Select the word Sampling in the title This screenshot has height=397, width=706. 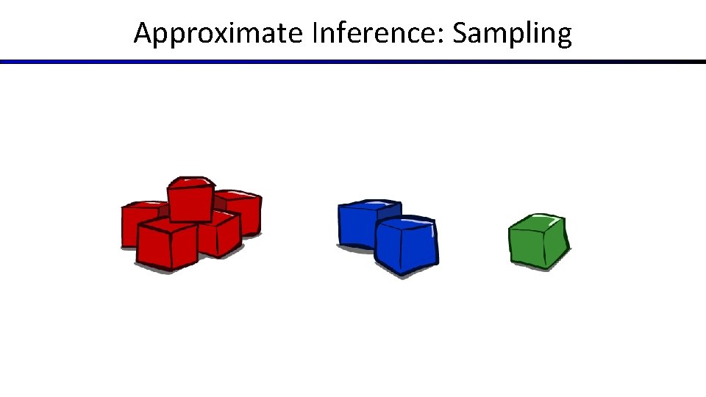pyautogui.click(x=511, y=34)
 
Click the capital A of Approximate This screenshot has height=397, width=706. pyautogui.click(x=143, y=33)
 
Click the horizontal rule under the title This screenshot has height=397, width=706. pyautogui.click(x=353, y=62)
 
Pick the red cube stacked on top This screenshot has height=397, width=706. pyautogui.click(x=190, y=200)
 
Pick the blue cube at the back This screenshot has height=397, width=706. pyautogui.click(x=358, y=223)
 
